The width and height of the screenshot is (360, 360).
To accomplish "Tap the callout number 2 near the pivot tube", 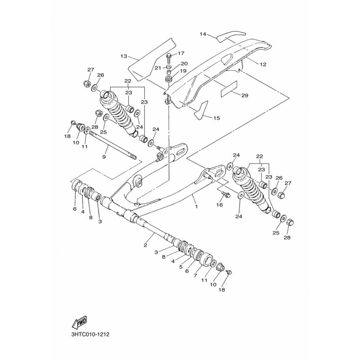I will [x=145, y=245].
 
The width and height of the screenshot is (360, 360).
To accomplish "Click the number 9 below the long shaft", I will [x=104, y=157].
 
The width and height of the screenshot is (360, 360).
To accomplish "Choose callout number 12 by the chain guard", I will [x=263, y=64].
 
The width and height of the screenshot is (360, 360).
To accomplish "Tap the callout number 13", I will [x=124, y=56].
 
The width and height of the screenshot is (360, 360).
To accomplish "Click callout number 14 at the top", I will [x=202, y=34].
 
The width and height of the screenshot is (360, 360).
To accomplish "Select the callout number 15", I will [x=216, y=118].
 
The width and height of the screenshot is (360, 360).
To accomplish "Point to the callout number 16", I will [x=220, y=205].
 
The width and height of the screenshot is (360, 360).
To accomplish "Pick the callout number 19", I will [x=183, y=71].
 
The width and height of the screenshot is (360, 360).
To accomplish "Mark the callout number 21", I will [x=157, y=67].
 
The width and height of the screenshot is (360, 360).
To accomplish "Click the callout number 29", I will [x=257, y=95].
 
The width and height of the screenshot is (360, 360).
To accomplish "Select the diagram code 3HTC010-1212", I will [x=90, y=335].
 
